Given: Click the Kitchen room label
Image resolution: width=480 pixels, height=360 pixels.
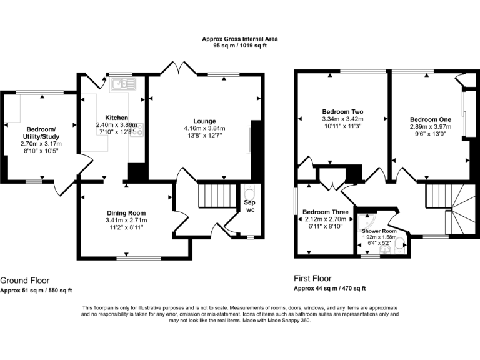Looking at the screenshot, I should pos(117,117).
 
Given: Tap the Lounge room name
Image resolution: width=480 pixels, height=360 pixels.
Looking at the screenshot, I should pos(204,121).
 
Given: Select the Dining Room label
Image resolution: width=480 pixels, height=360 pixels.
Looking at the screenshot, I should pos(126,213).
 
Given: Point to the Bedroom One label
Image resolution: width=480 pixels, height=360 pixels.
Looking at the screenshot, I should pos(430,119).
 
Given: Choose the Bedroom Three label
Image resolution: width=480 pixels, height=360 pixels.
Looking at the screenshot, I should pos(324,212).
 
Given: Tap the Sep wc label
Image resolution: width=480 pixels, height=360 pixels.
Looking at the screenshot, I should pos(249,206).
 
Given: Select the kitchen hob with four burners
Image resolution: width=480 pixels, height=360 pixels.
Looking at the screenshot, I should pos(136,130).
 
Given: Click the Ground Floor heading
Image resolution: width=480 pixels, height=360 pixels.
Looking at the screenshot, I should pos(25,281).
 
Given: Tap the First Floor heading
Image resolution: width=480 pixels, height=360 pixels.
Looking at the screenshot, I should pos(312,279).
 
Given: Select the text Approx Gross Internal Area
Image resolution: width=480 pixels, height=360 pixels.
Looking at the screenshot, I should pos(240,39).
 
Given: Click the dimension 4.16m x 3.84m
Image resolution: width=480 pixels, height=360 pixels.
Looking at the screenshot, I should pos(204,128).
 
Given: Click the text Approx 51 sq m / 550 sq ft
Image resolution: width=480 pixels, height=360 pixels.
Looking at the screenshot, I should pos(36,290).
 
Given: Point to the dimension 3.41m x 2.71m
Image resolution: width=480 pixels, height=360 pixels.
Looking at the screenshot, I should pos(126,221).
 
